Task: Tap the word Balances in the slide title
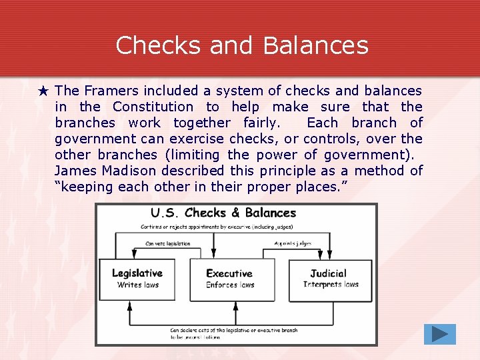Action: click(315, 45)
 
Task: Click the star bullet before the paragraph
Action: click(44, 91)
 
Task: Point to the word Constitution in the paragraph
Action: click(153, 107)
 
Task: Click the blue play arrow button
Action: click(439, 333)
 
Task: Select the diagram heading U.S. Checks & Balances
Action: click(223, 213)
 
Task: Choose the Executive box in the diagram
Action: click(231, 279)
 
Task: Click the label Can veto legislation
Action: click(167, 243)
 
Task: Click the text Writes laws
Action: click(137, 285)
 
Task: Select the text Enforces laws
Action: click(230, 285)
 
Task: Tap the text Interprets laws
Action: click(331, 285)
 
